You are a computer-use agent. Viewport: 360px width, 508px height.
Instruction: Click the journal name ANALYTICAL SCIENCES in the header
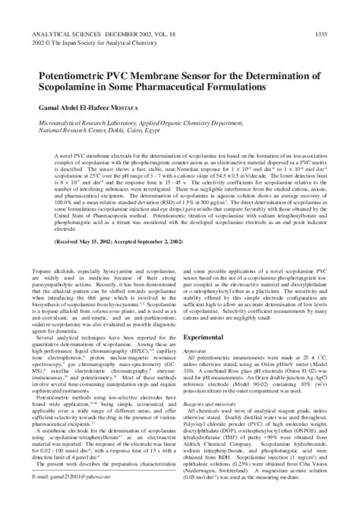click(x=65, y=33)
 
